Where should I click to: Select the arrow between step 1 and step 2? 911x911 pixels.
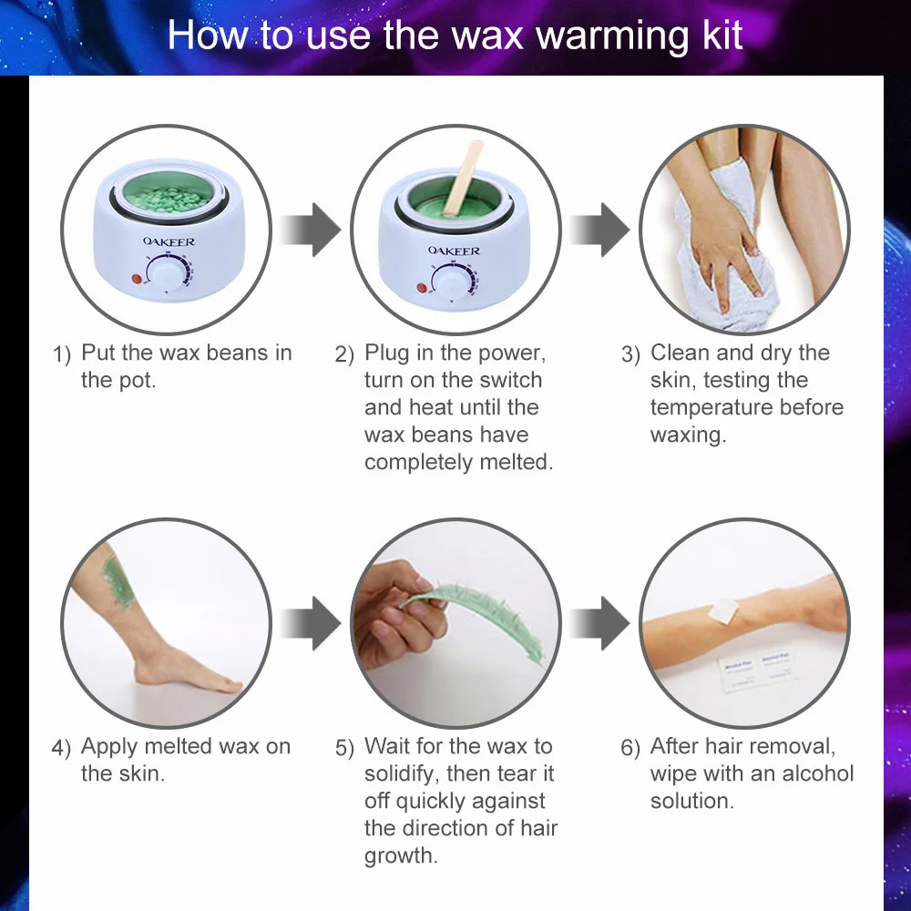(x=310, y=230)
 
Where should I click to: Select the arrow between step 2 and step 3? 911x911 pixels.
(x=599, y=230)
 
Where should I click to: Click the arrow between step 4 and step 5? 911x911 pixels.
(x=310, y=623)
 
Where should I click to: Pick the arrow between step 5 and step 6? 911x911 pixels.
(x=599, y=623)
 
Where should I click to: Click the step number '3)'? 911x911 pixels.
(x=631, y=354)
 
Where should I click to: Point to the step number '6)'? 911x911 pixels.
(x=631, y=749)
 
